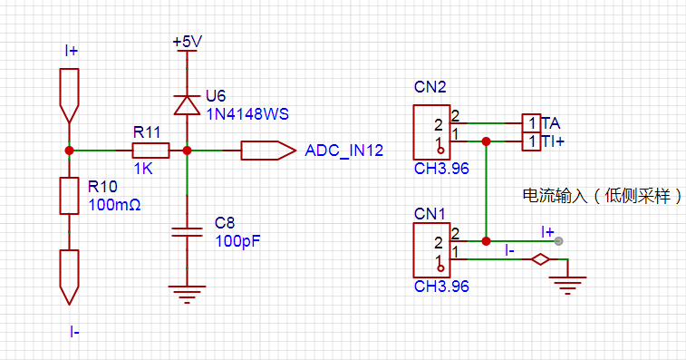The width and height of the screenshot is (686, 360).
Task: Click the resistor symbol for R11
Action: tap(150, 151)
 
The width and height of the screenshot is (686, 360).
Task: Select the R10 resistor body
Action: tap(69, 196)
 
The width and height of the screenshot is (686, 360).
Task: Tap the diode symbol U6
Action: tap(187, 105)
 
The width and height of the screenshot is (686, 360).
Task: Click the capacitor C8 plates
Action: tap(187, 232)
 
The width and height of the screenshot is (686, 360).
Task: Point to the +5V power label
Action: tap(187, 42)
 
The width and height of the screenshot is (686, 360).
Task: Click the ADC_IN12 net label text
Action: tap(343, 151)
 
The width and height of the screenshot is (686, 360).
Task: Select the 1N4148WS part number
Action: tap(247, 114)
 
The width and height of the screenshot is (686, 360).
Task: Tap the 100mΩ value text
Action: tap(114, 205)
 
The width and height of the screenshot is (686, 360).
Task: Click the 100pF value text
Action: tap(237, 241)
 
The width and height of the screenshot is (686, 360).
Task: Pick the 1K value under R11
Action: tap(143, 169)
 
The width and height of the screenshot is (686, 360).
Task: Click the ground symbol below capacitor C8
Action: tap(187, 295)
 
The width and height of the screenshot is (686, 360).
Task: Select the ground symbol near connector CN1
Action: tap(567, 285)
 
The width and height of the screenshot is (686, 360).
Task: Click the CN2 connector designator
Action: tap(430, 87)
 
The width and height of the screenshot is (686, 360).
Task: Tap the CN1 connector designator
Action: tap(430, 214)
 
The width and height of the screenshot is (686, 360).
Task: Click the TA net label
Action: tap(550, 123)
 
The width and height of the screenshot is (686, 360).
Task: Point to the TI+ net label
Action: tap(553, 141)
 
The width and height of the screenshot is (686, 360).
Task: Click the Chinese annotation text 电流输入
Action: tap(555, 196)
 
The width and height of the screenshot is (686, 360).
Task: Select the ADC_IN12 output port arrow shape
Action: tap(268, 151)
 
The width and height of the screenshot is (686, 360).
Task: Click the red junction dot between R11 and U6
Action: tap(187, 151)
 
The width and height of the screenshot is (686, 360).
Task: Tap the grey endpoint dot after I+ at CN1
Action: tap(559, 241)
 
